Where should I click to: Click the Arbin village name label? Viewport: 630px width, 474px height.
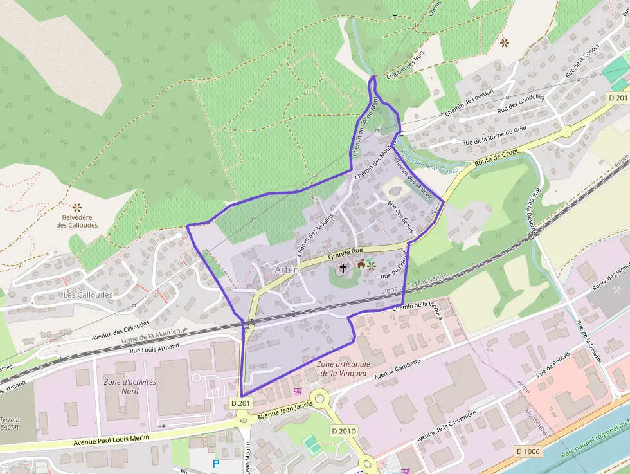pyautogui.click(x=287, y=269)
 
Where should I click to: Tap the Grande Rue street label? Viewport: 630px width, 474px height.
pyautogui.click(x=345, y=253)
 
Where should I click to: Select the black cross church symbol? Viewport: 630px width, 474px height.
pyautogui.click(x=343, y=268)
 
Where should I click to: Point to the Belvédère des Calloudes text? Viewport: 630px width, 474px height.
pyautogui.click(x=77, y=221)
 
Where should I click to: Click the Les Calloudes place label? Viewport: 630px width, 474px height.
pyautogui.click(x=88, y=295)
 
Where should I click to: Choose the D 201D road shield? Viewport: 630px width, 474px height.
pyautogui.click(x=344, y=430)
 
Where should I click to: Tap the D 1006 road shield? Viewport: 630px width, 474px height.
pyautogui.click(x=528, y=451)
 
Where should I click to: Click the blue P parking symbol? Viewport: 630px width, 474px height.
pyautogui.click(x=216, y=463)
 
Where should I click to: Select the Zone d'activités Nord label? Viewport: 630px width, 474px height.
pyautogui.click(x=130, y=386)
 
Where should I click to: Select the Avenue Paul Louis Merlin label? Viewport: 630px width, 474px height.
pyautogui.click(x=111, y=439)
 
